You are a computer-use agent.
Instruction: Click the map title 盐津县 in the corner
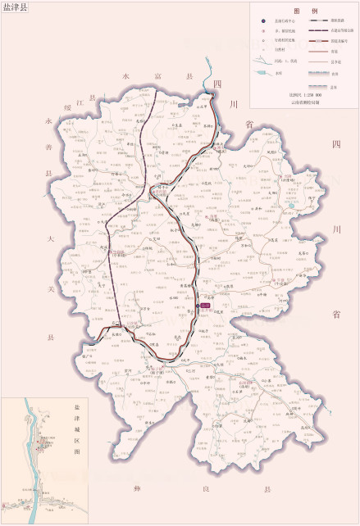(15, 7)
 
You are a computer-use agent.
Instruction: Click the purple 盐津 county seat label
(206, 305)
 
